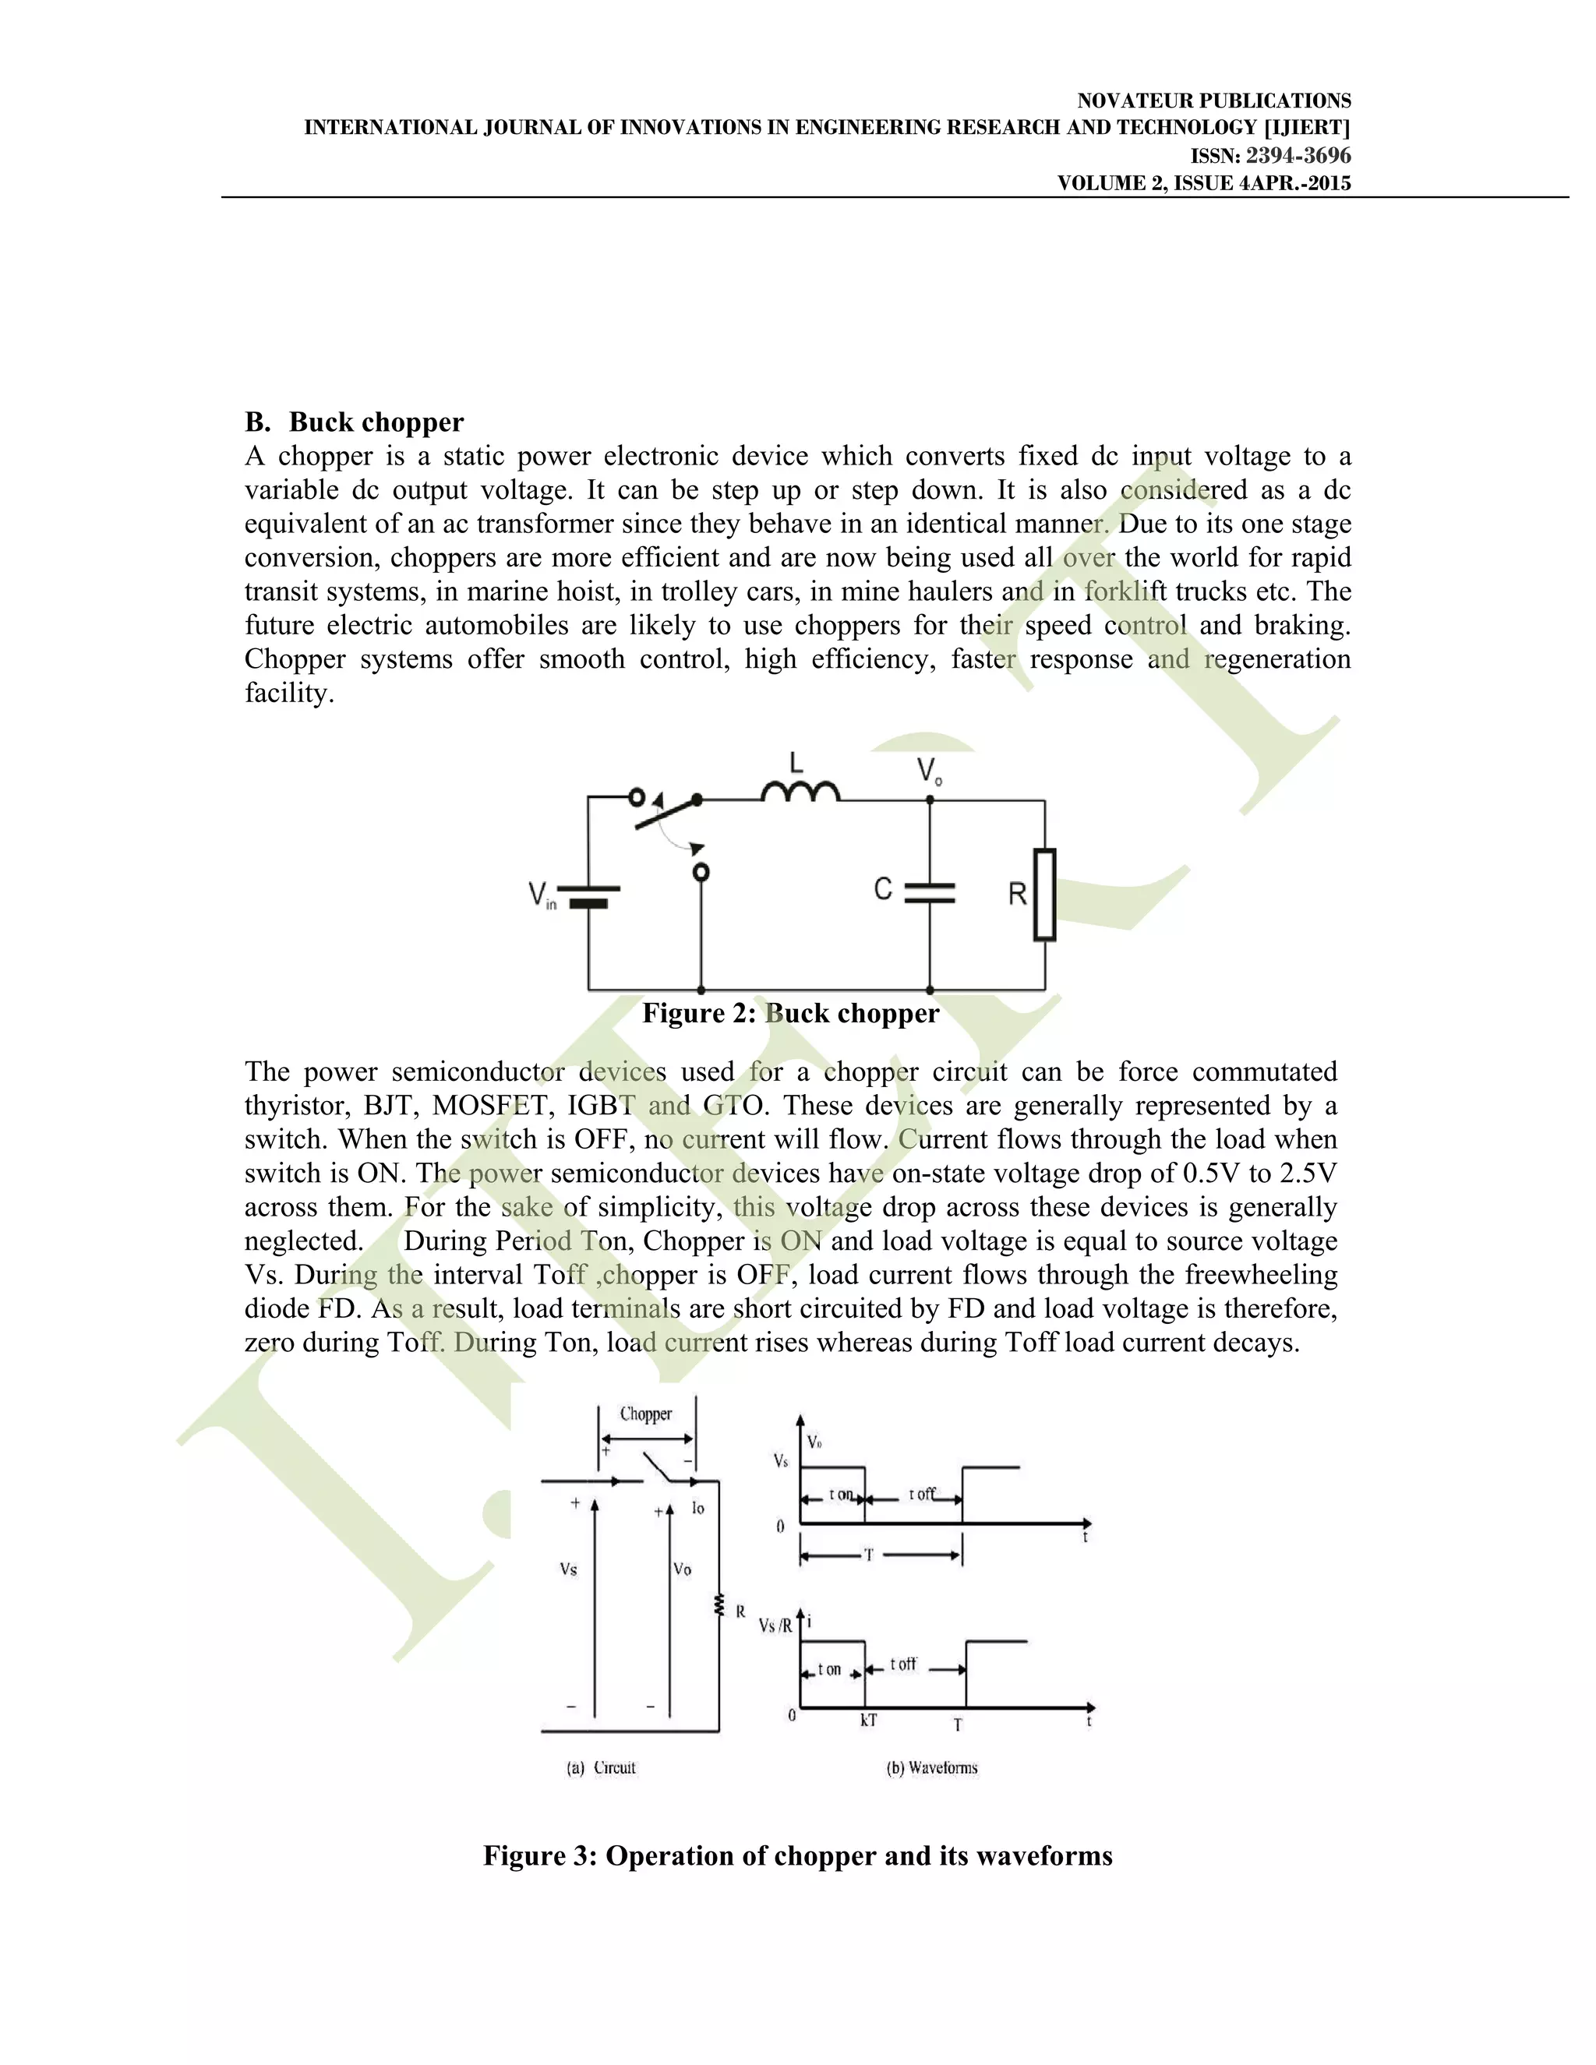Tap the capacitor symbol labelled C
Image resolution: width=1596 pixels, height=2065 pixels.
tap(930, 891)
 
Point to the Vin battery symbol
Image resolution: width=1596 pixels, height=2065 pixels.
tap(588, 895)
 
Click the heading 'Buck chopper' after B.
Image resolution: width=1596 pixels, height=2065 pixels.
tap(376, 422)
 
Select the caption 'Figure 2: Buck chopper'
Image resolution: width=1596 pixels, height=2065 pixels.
tap(790, 1014)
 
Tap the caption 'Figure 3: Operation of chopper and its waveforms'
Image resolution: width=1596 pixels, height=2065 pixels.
tap(797, 1856)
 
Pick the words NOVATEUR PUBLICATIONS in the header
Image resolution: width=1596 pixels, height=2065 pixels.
tap(1214, 101)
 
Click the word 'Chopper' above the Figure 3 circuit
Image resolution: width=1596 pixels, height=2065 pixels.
tap(646, 1414)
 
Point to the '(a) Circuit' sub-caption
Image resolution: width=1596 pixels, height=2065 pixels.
tap(602, 1767)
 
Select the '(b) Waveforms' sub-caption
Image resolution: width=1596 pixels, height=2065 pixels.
tap(931, 1767)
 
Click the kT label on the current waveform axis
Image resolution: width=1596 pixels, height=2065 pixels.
tap(868, 1721)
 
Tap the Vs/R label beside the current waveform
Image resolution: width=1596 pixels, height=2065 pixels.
tap(775, 1626)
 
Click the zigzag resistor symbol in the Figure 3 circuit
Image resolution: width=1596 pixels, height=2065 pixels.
tap(719, 1605)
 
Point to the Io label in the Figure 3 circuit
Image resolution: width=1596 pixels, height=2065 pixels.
tap(697, 1508)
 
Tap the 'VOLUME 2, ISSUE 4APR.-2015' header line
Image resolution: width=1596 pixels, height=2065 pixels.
tap(1203, 183)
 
